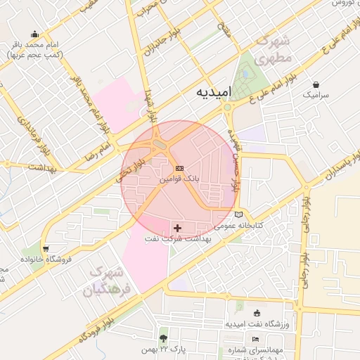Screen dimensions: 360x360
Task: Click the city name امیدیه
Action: (212, 93)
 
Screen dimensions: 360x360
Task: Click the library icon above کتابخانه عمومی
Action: (238, 214)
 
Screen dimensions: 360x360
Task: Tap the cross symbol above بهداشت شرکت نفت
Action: (176, 228)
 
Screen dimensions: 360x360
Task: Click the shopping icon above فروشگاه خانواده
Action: (46, 248)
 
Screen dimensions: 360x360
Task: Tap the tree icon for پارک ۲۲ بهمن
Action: (164, 338)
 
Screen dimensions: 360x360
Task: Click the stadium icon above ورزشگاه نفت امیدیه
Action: (257, 313)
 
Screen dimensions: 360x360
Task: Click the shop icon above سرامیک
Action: (316, 84)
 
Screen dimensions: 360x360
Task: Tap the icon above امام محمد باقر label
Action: (35, 34)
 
